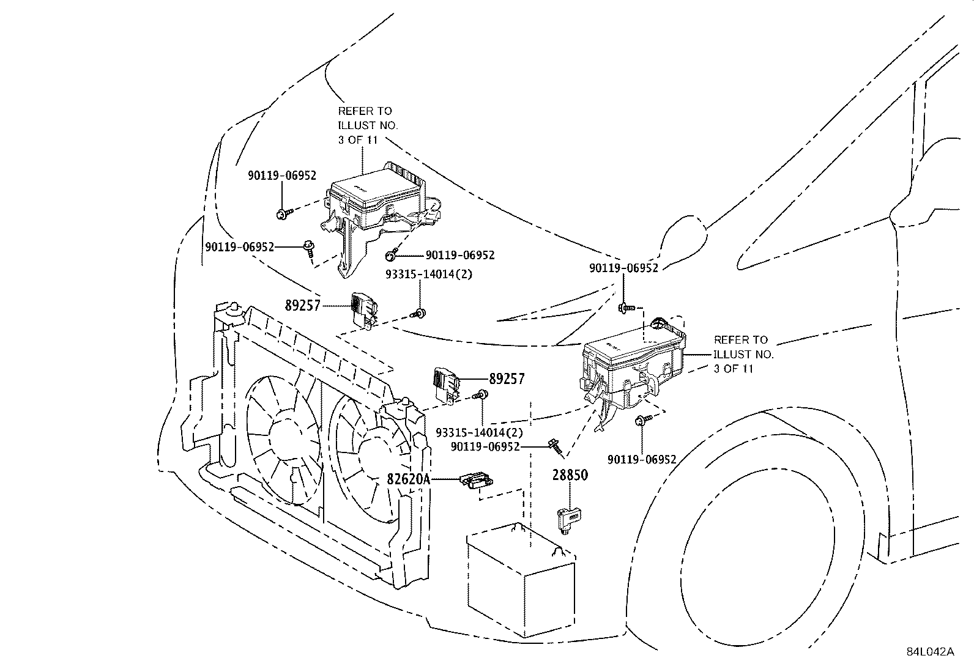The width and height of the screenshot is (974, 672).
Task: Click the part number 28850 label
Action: (x=570, y=475)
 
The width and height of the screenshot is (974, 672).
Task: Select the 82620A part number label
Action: (x=409, y=480)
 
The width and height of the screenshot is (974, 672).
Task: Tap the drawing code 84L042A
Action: (x=930, y=651)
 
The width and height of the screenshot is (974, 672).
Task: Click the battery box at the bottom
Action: (x=521, y=575)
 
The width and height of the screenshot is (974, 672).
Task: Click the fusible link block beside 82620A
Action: (x=478, y=481)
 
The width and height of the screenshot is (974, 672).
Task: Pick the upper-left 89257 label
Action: (x=302, y=305)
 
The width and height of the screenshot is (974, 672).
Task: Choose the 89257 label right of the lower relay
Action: (x=507, y=379)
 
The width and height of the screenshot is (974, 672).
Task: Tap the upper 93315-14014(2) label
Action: (x=429, y=275)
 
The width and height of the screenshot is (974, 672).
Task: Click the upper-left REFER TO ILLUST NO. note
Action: (x=367, y=125)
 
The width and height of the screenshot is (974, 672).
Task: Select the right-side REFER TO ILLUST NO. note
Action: (x=743, y=354)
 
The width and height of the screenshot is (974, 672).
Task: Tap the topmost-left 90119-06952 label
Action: (x=282, y=175)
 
